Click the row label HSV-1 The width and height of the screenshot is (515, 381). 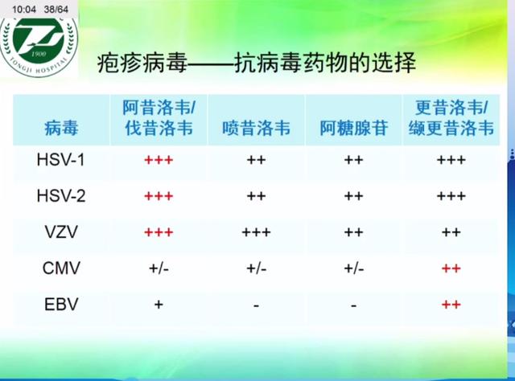[x=60, y=159]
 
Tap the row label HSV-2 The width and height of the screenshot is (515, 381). [x=60, y=195]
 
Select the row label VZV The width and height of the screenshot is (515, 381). [x=60, y=231]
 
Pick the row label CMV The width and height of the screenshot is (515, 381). [x=60, y=268]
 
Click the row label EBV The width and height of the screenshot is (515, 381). [x=60, y=304]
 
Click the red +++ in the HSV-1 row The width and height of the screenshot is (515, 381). [x=159, y=159]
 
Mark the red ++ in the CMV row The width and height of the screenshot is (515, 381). [x=451, y=268]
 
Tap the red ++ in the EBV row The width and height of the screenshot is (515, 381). [x=451, y=304]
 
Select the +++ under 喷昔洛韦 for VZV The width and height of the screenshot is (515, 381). [x=256, y=231]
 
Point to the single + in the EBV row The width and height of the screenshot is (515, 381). [x=159, y=304]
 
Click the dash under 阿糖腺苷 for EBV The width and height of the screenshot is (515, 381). [x=353, y=304]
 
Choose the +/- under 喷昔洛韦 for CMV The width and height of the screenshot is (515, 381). [x=256, y=268]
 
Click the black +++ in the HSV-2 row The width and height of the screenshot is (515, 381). [x=451, y=195]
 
